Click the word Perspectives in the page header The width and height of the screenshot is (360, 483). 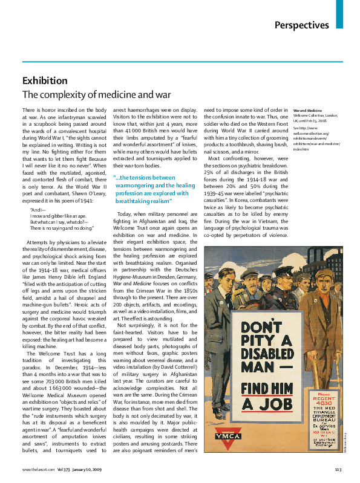pyautogui.click(x=301, y=25)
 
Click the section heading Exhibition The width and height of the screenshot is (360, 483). pyautogui.click(x=45, y=80)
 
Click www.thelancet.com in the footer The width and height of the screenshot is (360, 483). pyautogui.click(x=36, y=469)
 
